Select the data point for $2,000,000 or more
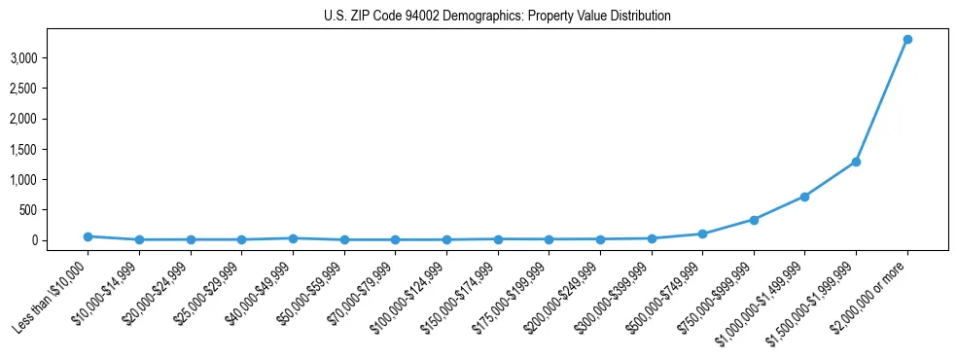coord(906,39)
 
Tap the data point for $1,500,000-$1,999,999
coord(856,162)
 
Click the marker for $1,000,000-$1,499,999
coord(804,197)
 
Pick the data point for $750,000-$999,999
coord(753,220)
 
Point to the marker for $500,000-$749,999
coord(702,234)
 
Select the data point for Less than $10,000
coord(88,236)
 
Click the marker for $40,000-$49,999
coord(293,238)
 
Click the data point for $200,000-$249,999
coord(600,239)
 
